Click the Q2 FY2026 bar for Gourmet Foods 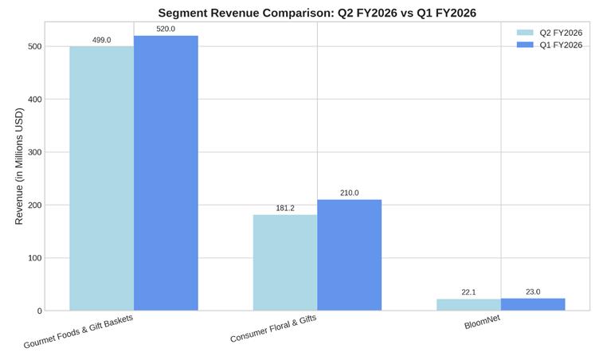tap(101, 178)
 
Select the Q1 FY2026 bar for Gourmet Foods tap(166, 173)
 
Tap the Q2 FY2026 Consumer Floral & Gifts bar tap(285, 262)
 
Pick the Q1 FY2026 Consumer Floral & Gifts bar tap(349, 255)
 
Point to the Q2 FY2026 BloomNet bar tap(468, 305)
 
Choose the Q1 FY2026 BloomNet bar tap(533, 304)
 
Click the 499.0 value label tap(101, 40)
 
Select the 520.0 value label tap(166, 29)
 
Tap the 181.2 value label tap(285, 208)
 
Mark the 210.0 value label tap(349, 193)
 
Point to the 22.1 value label tap(468, 292)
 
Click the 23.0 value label tap(533, 292)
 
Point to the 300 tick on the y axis tap(32, 152)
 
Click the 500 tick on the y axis tap(32, 46)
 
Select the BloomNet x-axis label tap(483, 324)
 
